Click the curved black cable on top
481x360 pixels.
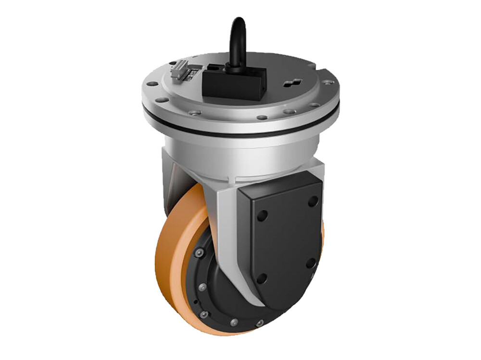[237, 38]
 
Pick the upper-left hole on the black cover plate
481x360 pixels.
[262, 216]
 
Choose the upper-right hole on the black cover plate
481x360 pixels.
[313, 200]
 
